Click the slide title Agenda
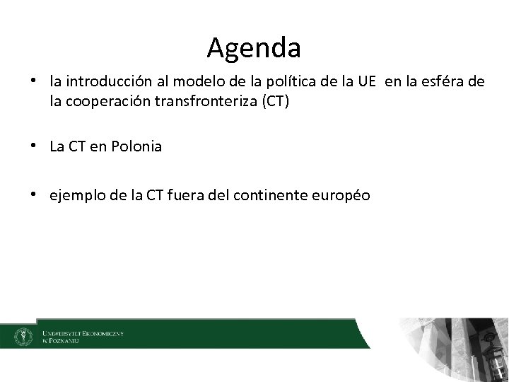255,48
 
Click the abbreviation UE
367,83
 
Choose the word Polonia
137,146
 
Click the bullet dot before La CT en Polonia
35,146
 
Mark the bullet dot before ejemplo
35,193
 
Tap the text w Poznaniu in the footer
61,340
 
